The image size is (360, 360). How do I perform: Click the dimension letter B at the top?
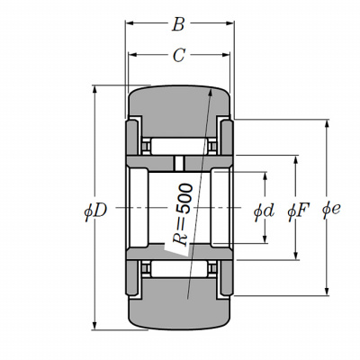pos(178,24)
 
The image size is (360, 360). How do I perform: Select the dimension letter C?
pos(179,56)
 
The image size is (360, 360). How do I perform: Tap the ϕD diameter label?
pos(95,211)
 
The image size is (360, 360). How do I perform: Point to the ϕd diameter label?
pos(264,211)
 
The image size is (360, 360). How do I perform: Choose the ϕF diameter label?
pos(298,211)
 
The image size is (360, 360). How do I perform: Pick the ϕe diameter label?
pos(331,209)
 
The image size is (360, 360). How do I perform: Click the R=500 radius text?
pos(183,214)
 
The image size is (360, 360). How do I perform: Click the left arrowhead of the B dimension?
pos(130,23)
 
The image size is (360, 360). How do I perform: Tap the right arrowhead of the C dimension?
pos(225,55)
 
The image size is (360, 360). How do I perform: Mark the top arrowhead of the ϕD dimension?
pos(94,90)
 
